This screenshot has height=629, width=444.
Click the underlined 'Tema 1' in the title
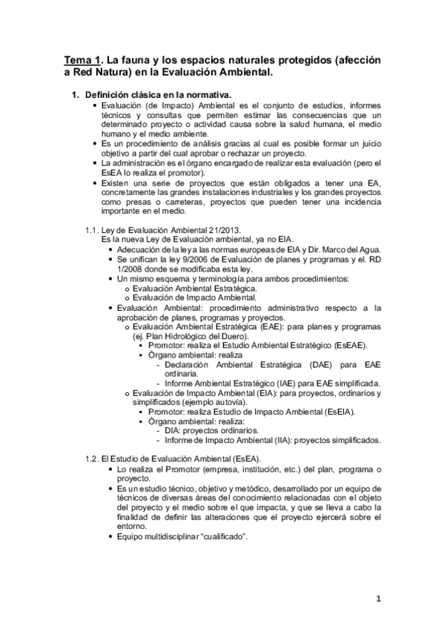click(79, 59)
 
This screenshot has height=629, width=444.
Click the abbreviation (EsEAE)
click(357, 346)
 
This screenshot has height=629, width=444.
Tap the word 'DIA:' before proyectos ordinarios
click(176, 430)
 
